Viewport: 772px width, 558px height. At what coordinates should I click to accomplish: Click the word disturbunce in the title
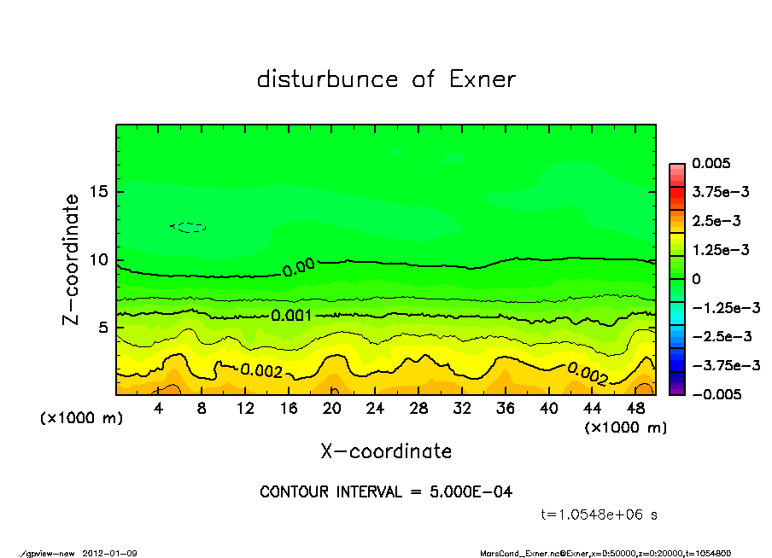click(328, 80)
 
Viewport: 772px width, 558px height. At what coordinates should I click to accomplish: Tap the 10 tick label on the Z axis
click(98, 259)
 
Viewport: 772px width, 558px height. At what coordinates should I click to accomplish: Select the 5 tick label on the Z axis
click(103, 328)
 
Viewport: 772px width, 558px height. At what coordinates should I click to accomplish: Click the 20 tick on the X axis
click(332, 409)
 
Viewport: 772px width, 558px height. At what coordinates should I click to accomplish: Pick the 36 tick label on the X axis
click(506, 409)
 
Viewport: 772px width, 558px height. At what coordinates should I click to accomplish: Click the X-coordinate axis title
click(386, 451)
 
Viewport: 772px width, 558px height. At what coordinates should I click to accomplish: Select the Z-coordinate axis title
click(72, 259)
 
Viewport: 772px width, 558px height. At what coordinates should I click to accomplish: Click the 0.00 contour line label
click(299, 267)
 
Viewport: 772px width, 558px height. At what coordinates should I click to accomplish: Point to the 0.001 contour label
click(291, 316)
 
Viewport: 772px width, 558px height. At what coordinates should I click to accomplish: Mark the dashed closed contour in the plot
click(189, 227)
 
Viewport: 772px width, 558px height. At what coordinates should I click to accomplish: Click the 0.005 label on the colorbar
click(711, 163)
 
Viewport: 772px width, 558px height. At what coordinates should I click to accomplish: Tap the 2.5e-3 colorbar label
click(716, 221)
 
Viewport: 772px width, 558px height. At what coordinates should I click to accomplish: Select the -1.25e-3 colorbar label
click(721, 307)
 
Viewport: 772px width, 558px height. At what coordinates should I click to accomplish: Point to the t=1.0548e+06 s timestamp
click(599, 514)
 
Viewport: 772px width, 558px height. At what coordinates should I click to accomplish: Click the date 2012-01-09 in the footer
click(109, 554)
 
